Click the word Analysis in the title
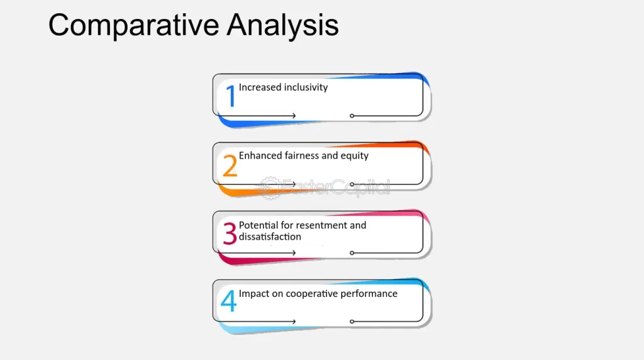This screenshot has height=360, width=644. click(x=282, y=25)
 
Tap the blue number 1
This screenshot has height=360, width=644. click(x=231, y=96)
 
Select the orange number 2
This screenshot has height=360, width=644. click(x=230, y=165)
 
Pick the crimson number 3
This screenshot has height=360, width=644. click(x=230, y=233)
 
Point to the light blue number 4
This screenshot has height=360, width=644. click(x=229, y=301)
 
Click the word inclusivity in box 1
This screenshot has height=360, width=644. click(x=306, y=87)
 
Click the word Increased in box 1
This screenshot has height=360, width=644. click(x=260, y=87)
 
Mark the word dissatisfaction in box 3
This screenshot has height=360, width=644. click(x=270, y=237)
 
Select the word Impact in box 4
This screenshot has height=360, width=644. click(x=254, y=293)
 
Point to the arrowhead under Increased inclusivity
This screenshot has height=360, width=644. click(x=294, y=116)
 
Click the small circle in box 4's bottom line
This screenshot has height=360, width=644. click(x=352, y=322)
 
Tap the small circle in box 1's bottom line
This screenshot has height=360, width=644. click(x=352, y=116)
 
